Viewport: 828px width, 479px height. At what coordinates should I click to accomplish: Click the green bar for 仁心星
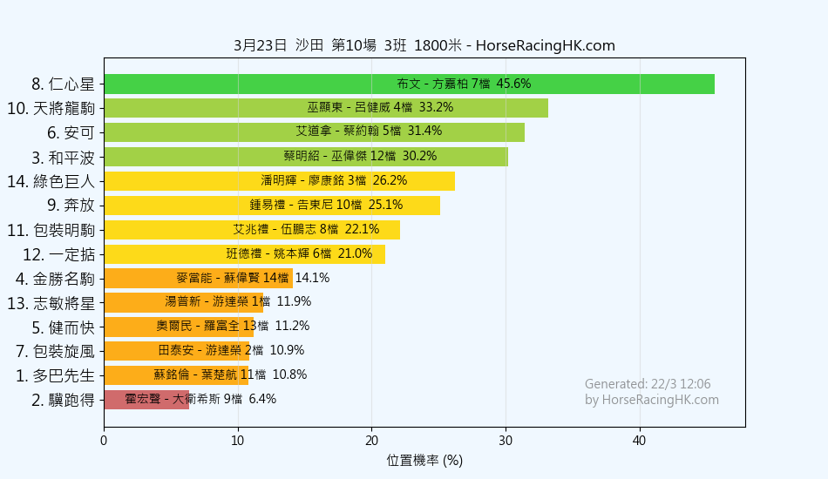coord(409,84)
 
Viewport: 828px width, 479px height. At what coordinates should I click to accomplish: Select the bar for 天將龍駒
coord(326,108)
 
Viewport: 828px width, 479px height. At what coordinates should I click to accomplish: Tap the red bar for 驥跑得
coord(146,400)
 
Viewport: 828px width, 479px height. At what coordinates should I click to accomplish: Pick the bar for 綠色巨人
coord(279,181)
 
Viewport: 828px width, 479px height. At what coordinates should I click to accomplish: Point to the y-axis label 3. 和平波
coord(63,157)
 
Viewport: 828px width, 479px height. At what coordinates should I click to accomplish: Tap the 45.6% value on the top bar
coord(513,84)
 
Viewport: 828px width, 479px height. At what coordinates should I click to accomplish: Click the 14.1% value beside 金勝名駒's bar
coord(312,278)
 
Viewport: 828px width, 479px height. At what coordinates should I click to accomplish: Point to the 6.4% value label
coord(262,399)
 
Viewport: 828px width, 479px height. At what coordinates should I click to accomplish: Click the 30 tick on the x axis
coord(506,441)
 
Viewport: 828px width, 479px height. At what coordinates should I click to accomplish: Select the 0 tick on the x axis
coord(104,441)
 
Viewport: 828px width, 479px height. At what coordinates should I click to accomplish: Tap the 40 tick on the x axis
coord(640,441)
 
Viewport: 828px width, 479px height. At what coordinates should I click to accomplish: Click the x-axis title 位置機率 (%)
coord(424,460)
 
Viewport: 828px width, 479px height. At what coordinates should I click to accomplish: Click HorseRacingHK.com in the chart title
coord(546,46)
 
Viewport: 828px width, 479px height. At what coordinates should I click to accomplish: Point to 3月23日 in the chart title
coord(260,46)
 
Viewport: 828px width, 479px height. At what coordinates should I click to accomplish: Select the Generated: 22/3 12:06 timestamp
coord(648,384)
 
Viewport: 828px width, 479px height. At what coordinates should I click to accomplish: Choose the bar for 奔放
coord(272,206)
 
